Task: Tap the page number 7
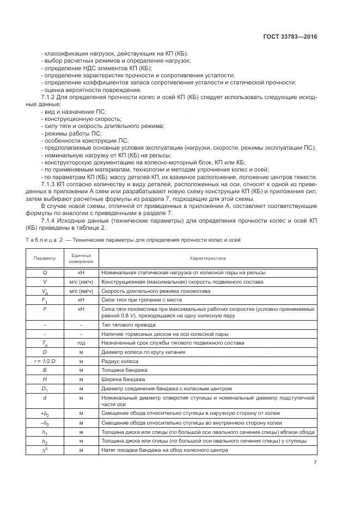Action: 315,463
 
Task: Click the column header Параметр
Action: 45,258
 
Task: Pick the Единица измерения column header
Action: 81,258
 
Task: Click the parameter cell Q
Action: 45,272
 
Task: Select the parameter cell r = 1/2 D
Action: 45,360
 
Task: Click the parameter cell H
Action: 45,378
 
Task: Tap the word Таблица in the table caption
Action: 42,240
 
